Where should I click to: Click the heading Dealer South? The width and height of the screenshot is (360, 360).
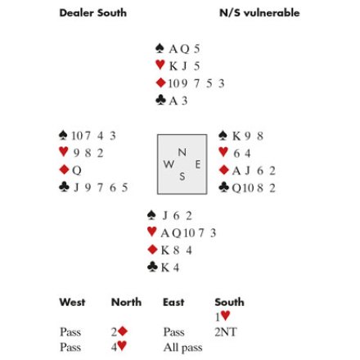[x=93, y=13]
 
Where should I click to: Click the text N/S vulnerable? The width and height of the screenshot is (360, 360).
[x=259, y=13]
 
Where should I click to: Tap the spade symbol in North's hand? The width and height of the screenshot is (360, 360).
[x=160, y=48]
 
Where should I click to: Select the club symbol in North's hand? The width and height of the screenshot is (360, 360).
[x=160, y=100]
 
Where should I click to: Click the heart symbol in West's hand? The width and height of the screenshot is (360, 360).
[x=64, y=151]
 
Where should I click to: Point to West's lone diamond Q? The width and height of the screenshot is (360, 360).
[x=77, y=170]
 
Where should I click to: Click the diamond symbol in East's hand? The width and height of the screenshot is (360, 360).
[x=224, y=170]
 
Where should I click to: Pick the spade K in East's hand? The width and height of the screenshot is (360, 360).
[x=236, y=136]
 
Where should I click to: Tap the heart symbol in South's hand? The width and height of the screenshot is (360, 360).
[x=152, y=232]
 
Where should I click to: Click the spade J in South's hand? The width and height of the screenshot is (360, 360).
[x=165, y=216]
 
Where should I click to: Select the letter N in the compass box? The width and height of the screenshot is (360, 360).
[x=182, y=152]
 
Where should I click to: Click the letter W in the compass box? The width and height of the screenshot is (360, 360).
[x=169, y=164]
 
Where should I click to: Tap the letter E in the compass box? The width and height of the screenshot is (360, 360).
[x=198, y=164]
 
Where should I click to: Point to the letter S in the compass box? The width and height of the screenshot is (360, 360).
[x=182, y=177]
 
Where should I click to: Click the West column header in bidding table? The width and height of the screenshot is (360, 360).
[x=72, y=302]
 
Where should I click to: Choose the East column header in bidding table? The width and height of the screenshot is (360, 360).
[x=173, y=302]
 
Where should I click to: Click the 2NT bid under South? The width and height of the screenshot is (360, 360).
[x=226, y=332]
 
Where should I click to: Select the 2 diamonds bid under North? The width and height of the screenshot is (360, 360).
[x=119, y=331]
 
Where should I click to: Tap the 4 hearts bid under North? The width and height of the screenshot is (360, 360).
[x=119, y=347]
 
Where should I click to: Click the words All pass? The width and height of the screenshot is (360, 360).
[x=183, y=348]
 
